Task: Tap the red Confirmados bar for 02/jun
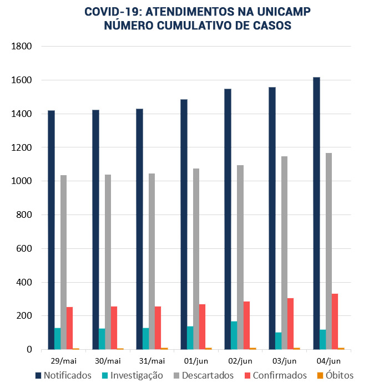(x=246, y=325)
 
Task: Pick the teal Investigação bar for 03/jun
(x=278, y=341)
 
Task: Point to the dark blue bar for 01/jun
(x=184, y=224)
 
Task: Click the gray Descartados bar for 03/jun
(x=285, y=253)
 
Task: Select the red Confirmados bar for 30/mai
(x=114, y=328)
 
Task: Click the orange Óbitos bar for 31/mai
(x=164, y=349)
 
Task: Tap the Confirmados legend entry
(x=279, y=375)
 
